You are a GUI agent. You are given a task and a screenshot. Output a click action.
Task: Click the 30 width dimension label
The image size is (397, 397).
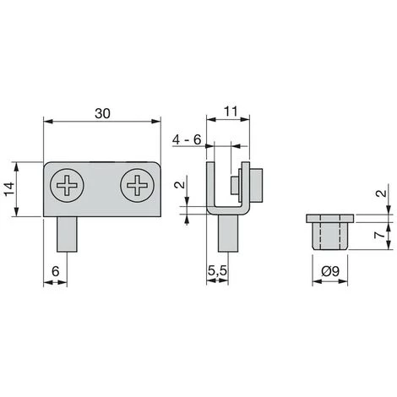click(102, 113)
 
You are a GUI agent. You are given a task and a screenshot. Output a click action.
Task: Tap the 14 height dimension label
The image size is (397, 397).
click(8, 189)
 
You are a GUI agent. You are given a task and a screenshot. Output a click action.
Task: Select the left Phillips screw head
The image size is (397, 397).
click(67, 185)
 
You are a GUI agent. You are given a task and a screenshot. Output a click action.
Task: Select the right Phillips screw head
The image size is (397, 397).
click(137, 185)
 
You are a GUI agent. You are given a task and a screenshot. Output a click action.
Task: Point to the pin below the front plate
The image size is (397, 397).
click(67, 234)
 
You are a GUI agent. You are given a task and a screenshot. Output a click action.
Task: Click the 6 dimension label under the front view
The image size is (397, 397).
click(56, 271)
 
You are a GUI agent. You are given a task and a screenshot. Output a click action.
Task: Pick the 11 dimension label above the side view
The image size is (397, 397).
click(231, 111)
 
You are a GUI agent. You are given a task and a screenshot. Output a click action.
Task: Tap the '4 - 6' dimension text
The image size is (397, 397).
click(187, 139)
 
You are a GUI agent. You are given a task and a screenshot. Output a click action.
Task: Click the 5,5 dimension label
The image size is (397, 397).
click(217, 271)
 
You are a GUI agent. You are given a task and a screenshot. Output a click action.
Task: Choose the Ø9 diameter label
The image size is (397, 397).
click(330, 271)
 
